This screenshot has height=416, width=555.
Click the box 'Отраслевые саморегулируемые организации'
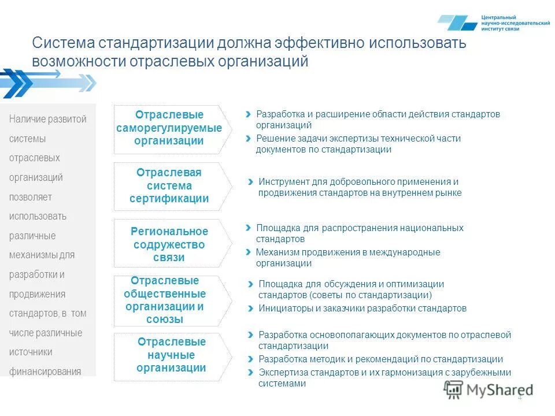click(x=169, y=128)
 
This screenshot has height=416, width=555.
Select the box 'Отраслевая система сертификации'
click(x=169, y=186)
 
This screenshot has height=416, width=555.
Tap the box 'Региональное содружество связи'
click(x=169, y=244)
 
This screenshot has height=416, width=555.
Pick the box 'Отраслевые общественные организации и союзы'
click(x=169, y=300)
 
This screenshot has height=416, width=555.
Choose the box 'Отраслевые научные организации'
click(x=171, y=355)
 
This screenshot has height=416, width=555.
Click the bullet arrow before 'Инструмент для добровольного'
click(x=250, y=181)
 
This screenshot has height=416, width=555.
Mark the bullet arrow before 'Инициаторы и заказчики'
click(x=250, y=309)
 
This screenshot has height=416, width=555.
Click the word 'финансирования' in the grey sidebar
click(x=45, y=372)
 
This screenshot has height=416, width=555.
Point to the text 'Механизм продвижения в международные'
click(x=347, y=252)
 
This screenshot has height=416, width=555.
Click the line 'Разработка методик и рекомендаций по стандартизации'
click(x=380, y=359)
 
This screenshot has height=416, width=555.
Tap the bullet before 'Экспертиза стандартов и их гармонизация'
click(x=250, y=373)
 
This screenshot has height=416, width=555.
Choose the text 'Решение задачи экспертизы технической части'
click(x=358, y=139)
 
